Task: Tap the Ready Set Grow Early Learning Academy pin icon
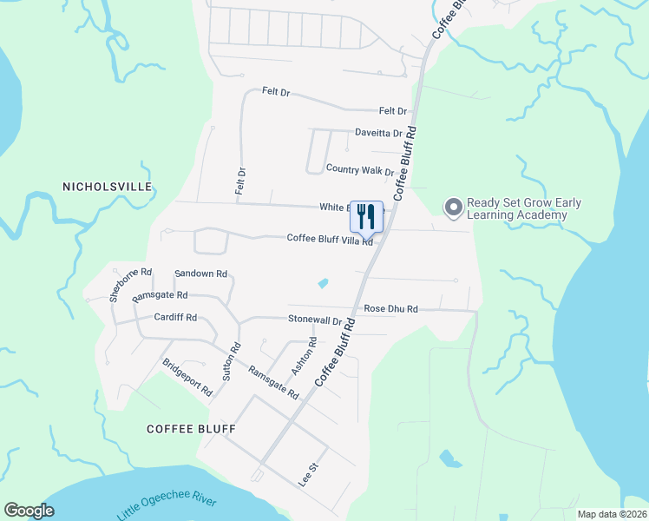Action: [x=452, y=208]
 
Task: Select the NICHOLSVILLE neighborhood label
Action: [x=108, y=187]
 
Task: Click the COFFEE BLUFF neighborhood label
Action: [x=191, y=429]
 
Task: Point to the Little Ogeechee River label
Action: [x=179, y=503]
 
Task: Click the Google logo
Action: [x=29, y=511]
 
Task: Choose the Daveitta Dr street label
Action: [x=378, y=133]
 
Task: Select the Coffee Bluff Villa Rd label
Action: [x=330, y=240]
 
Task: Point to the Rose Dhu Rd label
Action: [x=390, y=308]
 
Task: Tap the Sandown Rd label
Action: [x=200, y=274]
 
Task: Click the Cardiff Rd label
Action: [x=175, y=318]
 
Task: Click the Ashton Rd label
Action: [x=300, y=356]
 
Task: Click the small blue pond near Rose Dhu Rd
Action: [x=324, y=283]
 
